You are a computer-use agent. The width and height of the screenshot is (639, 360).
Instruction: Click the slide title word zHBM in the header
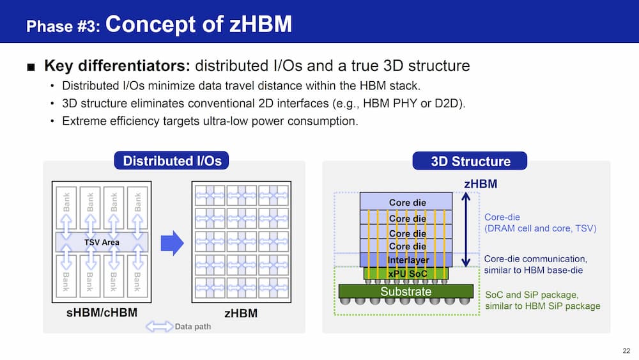(261, 24)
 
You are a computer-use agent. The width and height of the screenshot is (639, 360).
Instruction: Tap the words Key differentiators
(118, 66)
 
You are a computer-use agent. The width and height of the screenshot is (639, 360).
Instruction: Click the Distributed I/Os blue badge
(171, 160)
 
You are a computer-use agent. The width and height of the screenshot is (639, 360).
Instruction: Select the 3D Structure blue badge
(470, 161)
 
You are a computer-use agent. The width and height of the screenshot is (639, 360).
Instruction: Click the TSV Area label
(102, 242)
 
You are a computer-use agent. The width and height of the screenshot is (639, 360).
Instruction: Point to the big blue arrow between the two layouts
(173, 242)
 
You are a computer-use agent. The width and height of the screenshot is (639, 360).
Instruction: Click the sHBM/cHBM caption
(102, 313)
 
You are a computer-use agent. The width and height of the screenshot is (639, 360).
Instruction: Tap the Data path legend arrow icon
(159, 327)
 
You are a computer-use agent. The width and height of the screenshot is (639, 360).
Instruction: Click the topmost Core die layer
(406, 201)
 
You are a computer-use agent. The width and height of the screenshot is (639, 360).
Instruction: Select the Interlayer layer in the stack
(406, 260)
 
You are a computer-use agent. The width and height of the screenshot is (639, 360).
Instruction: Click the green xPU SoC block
(406, 274)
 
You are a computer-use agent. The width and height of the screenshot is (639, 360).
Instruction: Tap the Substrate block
(406, 292)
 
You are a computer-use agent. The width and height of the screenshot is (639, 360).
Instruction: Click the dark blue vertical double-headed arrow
(466, 230)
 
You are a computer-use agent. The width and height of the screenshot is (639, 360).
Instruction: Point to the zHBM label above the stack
(481, 184)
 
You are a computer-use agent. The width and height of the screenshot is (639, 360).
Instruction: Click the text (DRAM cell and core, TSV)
(541, 228)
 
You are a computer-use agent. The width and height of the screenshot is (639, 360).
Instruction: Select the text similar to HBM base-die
(534, 270)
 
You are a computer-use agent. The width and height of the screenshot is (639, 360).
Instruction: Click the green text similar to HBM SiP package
(543, 306)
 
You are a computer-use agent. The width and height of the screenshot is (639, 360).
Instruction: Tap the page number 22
(626, 350)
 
